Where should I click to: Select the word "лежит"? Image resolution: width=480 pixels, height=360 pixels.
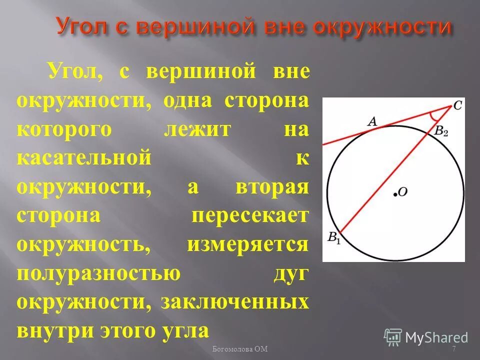(197, 130)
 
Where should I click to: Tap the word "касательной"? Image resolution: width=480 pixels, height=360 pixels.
(83, 158)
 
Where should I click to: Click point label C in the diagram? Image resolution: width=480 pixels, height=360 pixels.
(457, 105)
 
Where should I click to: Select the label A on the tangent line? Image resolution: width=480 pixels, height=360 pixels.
(371, 120)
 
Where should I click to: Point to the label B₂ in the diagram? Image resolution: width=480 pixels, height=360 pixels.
(441, 132)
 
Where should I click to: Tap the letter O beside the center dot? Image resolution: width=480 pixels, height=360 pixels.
(403, 191)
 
